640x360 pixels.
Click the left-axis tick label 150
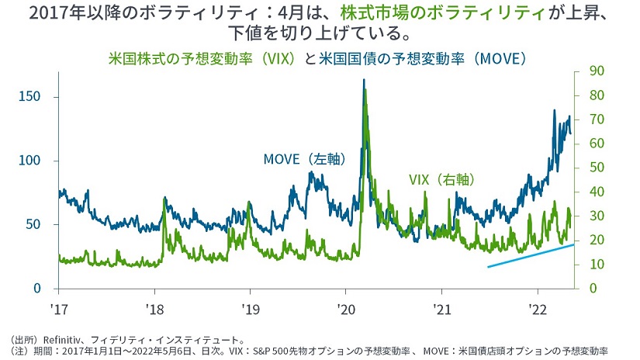pos(29,97)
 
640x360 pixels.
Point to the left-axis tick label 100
pos(29,161)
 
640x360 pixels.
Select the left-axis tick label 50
pos(33,224)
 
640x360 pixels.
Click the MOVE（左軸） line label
pos(304,159)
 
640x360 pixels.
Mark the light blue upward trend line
pos(531,255)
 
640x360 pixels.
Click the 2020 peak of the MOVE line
pos(364,81)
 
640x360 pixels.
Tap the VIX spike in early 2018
pos(164,200)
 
